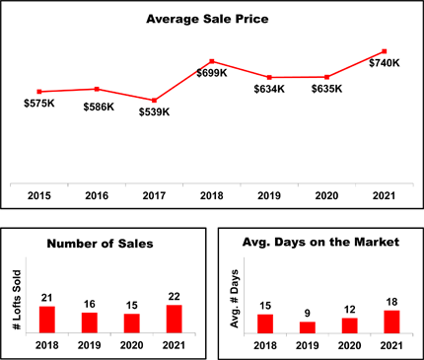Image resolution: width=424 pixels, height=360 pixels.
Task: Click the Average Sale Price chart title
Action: [x=207, y=19]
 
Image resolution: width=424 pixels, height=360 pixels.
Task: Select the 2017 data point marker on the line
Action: [x=154, y=101]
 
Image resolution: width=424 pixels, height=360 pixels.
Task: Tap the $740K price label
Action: [x=385, y=63]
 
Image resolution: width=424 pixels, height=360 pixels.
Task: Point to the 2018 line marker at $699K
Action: [x=212, y=61]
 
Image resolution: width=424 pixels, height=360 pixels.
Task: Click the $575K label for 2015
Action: [x=39, y=104]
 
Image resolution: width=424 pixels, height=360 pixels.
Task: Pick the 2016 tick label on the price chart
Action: [x=97, y=196]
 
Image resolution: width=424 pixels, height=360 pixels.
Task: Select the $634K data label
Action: [x=269, y=89]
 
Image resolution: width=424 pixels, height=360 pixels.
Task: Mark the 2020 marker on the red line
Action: [x=326, y=77]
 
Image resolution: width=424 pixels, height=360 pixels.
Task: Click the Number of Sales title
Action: [x=100, y=244]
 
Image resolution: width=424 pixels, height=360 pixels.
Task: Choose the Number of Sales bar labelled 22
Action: [x=175, y=319]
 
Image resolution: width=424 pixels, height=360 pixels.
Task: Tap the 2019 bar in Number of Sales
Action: [x=90, y=323]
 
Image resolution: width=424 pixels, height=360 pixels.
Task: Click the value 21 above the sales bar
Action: [x=47, y=298]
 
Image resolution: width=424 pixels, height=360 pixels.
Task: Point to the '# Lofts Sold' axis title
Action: [x=17, y=300]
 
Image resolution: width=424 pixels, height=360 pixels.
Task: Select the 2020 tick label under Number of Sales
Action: [x=131, y=345]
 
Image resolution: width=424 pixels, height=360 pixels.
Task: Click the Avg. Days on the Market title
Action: [x=320, y=243]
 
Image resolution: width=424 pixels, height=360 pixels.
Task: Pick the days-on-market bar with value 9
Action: [x=308, y=327]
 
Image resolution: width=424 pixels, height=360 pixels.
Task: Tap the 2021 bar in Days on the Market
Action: [x=391, y=323]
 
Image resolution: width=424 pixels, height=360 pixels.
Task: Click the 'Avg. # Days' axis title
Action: [x=235, y=299]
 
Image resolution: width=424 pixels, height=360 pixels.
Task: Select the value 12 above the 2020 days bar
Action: [x=350, y=310]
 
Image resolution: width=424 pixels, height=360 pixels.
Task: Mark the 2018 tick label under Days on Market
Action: [x=265, y=346]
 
